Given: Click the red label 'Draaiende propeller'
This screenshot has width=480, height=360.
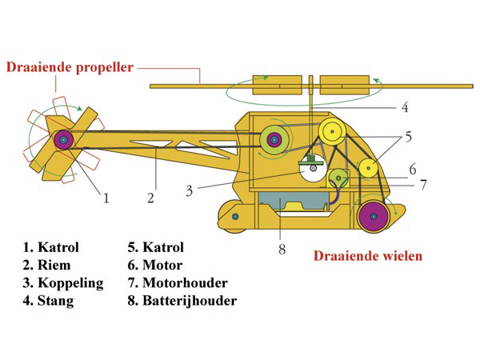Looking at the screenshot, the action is [70, 68].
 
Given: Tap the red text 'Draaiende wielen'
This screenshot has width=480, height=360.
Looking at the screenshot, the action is [368, 256].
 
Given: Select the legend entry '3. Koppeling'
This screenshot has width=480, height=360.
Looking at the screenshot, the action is [63, 283].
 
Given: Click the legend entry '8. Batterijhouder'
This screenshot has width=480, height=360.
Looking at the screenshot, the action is [182, 301].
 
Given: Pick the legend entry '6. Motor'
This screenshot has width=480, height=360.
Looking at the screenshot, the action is [155, 265].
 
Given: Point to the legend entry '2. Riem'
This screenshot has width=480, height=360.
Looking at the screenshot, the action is [46, 265].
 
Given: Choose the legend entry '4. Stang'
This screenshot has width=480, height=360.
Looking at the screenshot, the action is [48, 301].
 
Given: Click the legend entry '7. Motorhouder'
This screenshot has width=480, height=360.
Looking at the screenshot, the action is [178, 283].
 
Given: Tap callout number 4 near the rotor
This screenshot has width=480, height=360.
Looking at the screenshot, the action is [405, 107].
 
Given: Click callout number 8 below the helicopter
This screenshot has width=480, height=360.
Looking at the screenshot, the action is [282, 249].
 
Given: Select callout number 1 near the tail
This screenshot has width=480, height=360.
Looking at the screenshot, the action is [106, 198].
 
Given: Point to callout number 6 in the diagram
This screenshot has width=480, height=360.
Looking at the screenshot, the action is [413, 170].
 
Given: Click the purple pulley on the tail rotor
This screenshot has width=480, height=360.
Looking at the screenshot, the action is [64, 140].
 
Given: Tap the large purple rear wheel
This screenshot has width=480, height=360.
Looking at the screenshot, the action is [374, 217].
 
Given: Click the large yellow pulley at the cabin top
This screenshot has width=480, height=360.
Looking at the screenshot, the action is [332, 132].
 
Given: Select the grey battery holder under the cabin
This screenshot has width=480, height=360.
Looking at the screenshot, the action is [294, 201].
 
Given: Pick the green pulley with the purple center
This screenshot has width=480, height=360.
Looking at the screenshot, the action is [274, 140].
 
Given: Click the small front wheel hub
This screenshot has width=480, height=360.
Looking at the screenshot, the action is [235, 217].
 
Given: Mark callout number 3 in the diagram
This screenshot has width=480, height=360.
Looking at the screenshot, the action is [190, 191].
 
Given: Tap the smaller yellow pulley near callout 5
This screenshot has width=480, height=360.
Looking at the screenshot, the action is [368, 168].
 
